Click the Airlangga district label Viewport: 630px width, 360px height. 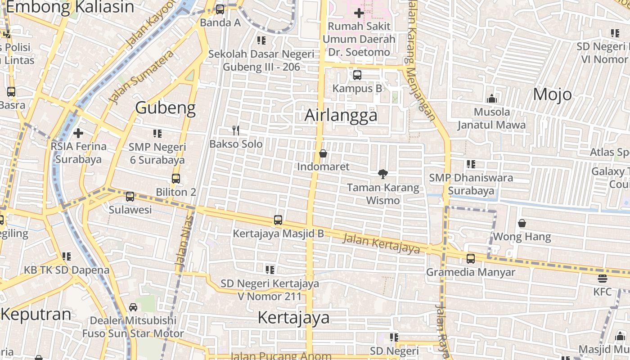(341, 116)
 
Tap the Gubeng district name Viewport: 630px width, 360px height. (165, 108)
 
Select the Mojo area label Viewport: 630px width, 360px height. (552, 94)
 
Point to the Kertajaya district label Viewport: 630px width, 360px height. (293, 318)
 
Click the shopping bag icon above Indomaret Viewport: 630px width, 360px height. (323, 153)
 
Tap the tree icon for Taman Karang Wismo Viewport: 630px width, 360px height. (382, 174)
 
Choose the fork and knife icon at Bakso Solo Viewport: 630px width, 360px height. (235, 130)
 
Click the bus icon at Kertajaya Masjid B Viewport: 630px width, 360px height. (278, 220)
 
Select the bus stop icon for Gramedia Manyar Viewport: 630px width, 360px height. (470, 259)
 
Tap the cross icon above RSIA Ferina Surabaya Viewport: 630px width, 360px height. (78, 133)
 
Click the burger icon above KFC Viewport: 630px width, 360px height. (602, 278)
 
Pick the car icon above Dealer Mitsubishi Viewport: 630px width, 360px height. (133, 307)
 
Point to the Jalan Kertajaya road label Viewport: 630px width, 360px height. (381, 243)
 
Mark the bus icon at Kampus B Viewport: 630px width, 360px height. (357, 75)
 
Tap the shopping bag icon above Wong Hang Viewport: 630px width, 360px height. (522, 223)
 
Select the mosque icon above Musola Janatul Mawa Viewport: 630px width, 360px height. (491, 99)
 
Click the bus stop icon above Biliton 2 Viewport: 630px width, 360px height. (175, 179)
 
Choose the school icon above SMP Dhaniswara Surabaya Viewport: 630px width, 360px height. (471, 164)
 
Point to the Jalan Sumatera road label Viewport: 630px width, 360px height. (141, 77)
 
